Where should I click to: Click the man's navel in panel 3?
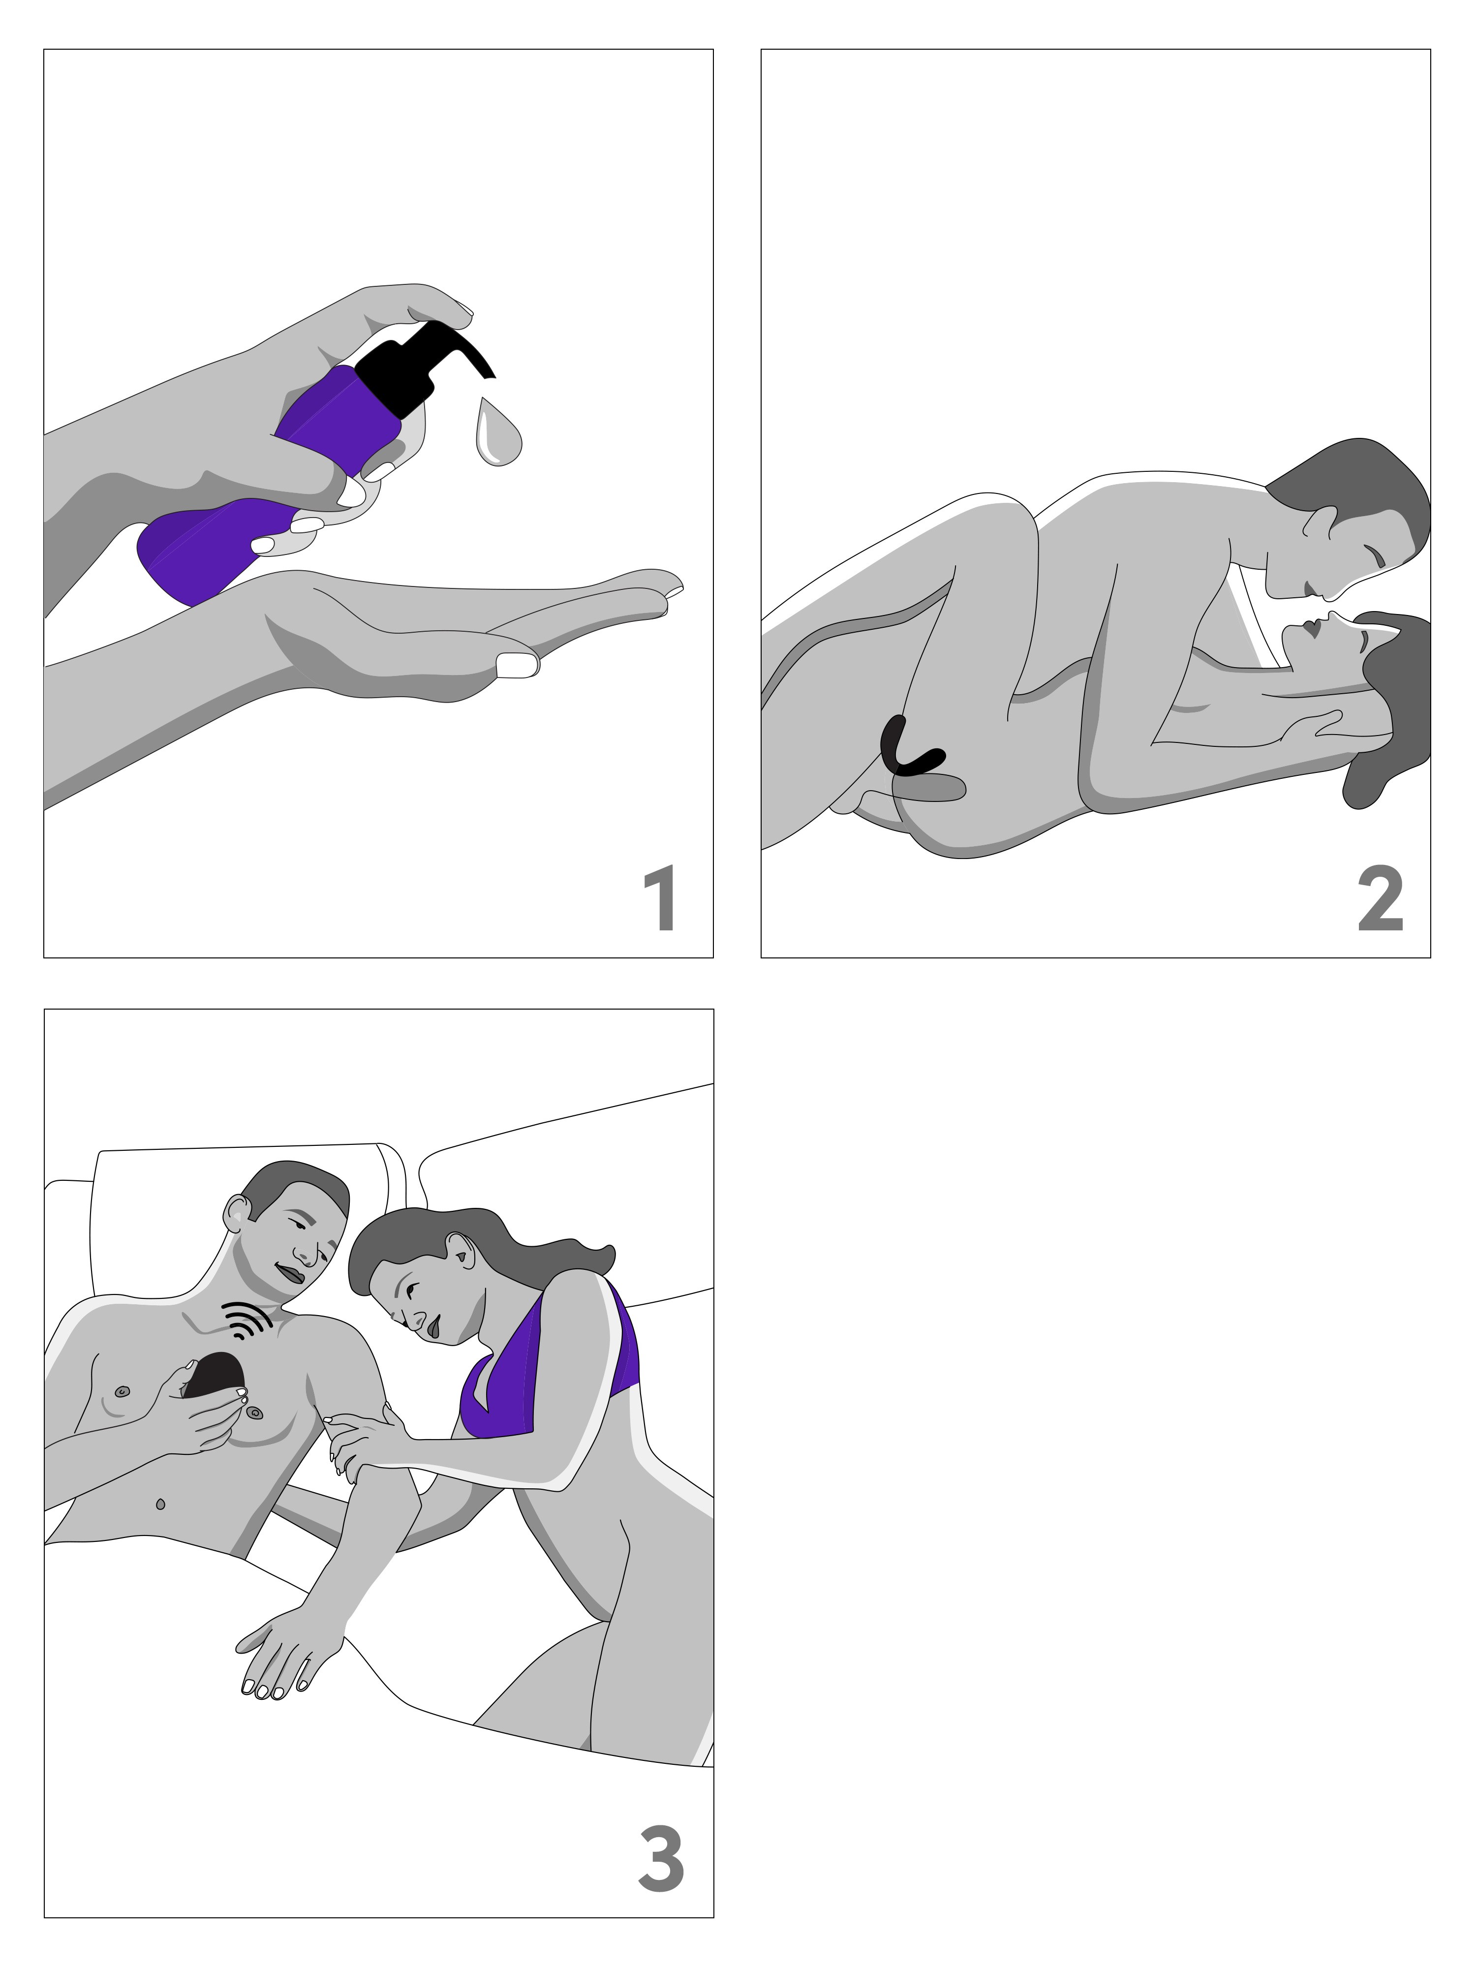(x=160, y=1504)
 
